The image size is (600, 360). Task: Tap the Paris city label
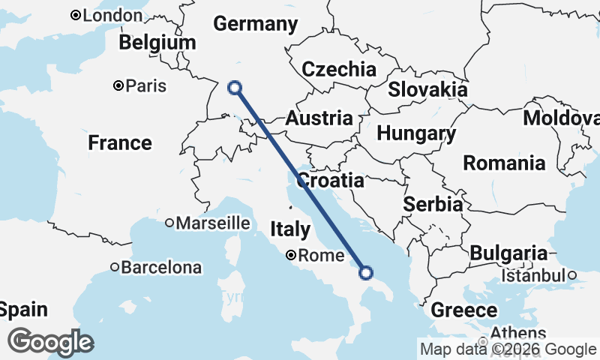(146, 85)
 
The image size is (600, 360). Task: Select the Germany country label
(255, 24)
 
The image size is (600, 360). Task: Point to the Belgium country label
(157, 43)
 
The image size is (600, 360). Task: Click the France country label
(120, 142)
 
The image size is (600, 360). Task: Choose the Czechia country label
(338, 70)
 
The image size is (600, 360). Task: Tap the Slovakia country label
(427, 89)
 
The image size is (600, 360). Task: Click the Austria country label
(319, 118)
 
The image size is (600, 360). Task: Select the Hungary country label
(416, 134)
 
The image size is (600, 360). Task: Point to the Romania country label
(503, 163)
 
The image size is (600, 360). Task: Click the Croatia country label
(331, 181)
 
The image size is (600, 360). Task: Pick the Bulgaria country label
(508, 253)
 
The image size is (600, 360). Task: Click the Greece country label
(463, 310)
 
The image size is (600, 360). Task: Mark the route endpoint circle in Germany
(235, 87)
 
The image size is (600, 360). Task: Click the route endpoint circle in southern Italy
(366, 272)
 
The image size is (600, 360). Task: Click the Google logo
(50, 342)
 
